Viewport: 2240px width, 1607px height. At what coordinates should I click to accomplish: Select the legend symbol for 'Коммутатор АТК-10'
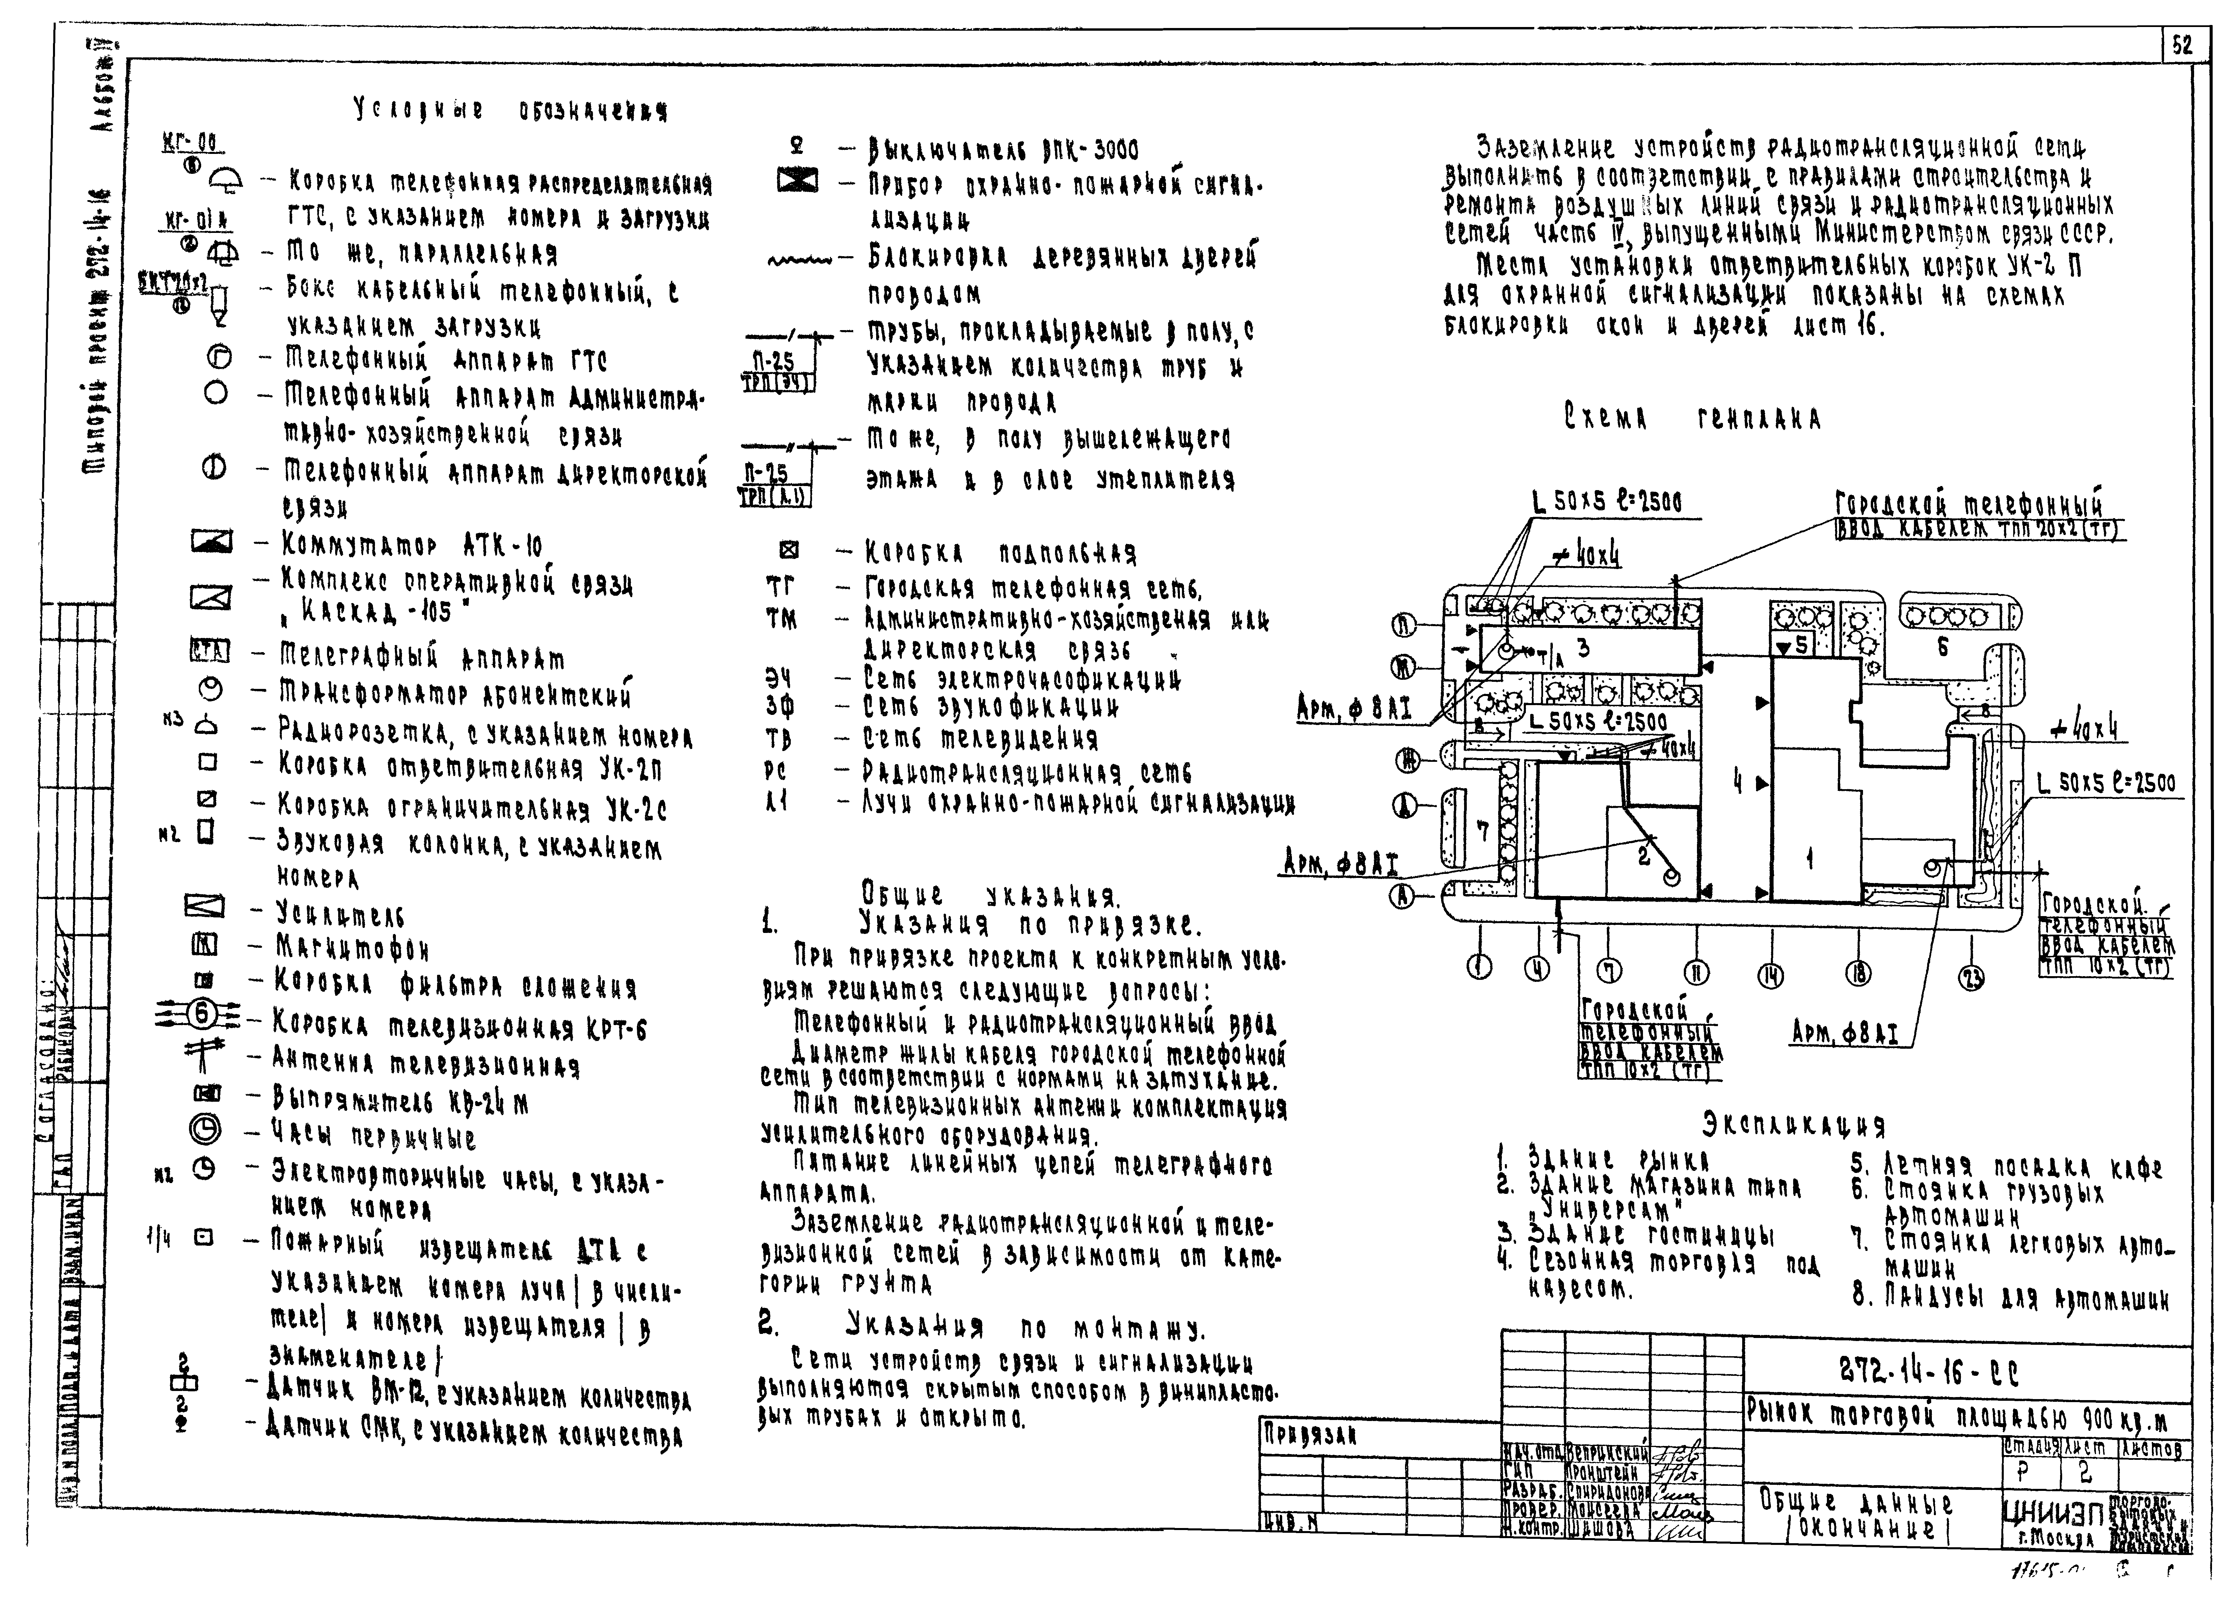tap(210, 541)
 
